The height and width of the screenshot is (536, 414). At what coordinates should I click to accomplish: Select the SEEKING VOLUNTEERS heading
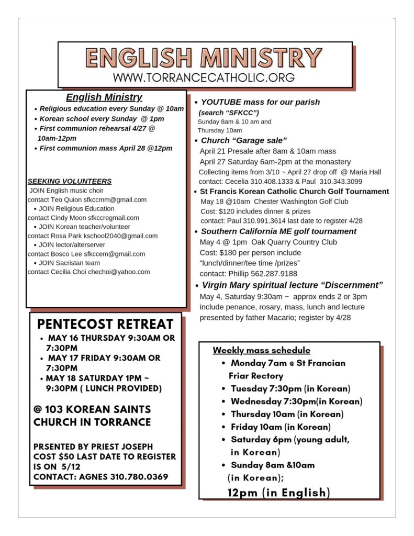coord(69,181)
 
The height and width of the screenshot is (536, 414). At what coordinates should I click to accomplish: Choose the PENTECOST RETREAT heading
coord(105,323)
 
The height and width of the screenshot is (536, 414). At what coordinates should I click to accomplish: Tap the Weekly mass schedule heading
coord(261,350)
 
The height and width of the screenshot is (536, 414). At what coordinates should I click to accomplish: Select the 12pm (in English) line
coord(278,492)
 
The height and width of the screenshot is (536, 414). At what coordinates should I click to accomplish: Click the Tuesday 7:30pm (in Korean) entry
coord(290,388)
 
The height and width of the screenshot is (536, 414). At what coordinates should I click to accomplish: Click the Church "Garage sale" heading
coord(244,140)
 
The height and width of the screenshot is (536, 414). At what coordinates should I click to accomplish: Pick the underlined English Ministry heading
coord(104,97)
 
